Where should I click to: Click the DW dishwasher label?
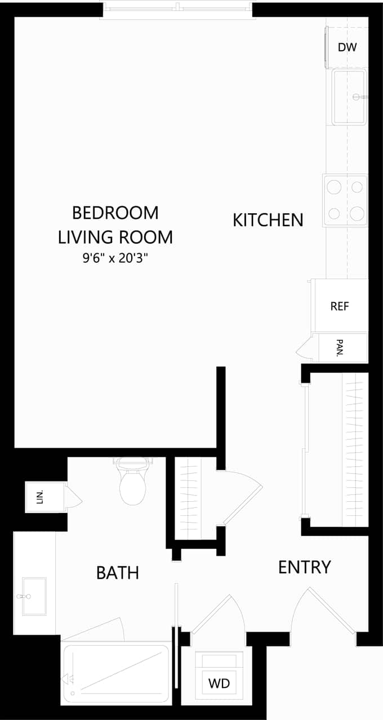[348, 48]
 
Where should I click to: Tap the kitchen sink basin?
[349, 97]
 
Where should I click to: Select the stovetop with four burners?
[345, 200]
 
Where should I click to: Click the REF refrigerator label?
[340, 307]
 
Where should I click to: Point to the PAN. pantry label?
[340, 348]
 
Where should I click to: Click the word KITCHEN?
[268, 220]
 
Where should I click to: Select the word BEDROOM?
[115, 213]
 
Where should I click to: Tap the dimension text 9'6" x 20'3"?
[115, 259]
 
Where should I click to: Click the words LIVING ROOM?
[115, 237]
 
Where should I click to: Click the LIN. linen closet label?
[40, 497]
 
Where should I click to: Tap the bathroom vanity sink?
[34, 596]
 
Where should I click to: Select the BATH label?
[117, 573]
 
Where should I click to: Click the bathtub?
[116, 673]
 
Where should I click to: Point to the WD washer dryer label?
[219, 683]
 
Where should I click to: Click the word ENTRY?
[304, 567]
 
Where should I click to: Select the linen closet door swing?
[74, 497]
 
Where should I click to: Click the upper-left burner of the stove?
[335, 186]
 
